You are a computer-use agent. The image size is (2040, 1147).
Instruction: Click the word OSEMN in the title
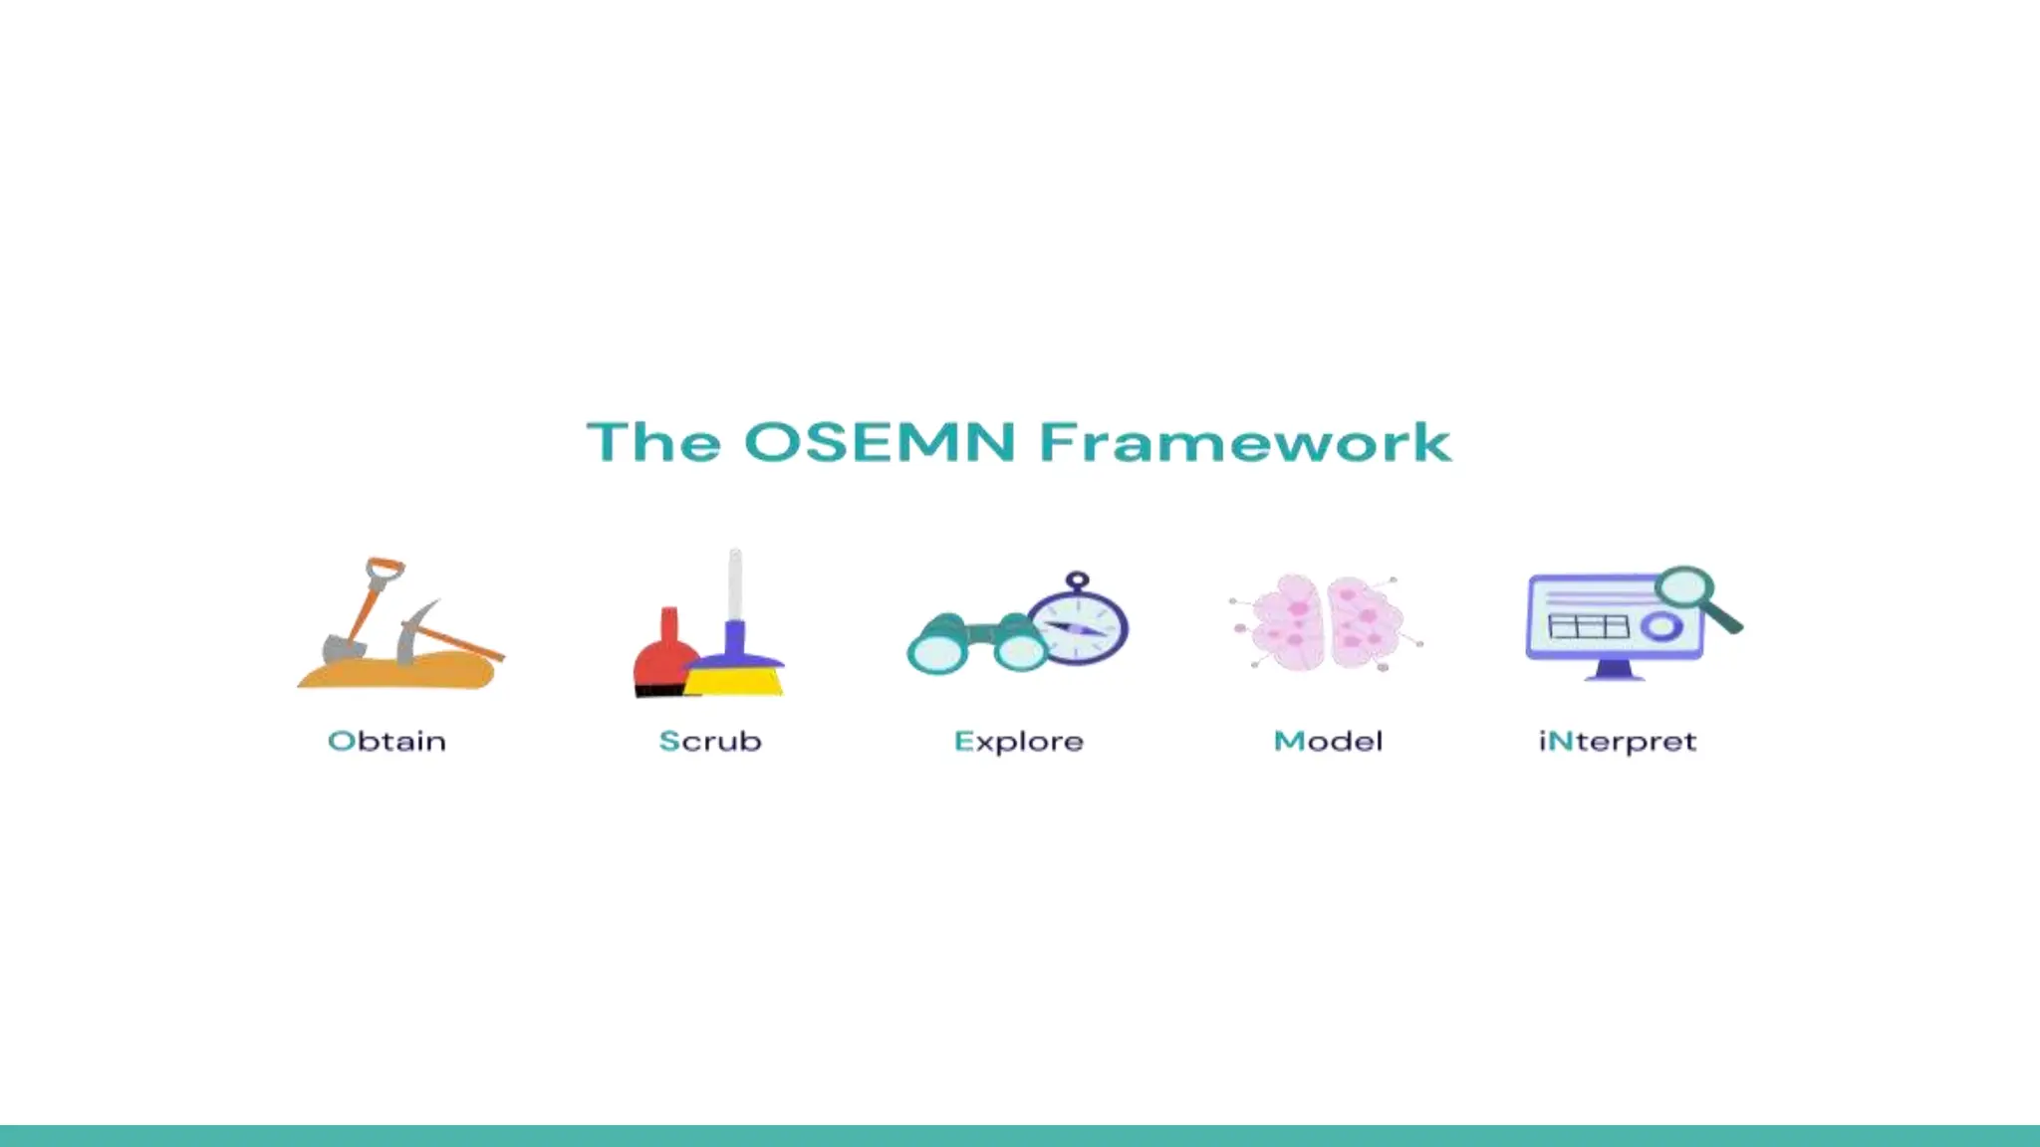click(880, 442)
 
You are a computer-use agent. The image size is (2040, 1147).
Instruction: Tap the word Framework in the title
click(1245, 442)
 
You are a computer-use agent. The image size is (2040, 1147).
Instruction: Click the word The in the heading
click(653, 442)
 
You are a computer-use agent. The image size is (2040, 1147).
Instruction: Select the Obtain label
click(386, 741)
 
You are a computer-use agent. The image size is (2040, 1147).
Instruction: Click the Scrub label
click(710, 741)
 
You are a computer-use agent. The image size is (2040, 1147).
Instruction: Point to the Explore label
click(1018, 742)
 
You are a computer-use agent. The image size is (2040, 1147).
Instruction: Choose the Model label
click(1328, 741)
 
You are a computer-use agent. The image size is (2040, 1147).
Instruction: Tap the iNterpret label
click(1617, 742)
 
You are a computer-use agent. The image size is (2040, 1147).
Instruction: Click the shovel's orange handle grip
click(384, 571)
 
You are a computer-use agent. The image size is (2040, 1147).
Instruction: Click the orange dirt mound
click(398, 674)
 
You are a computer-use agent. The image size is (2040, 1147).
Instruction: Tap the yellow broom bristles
click(735, 681)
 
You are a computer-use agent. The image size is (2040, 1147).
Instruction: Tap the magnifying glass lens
click(1684, 588)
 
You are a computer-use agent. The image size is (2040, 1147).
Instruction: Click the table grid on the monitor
click(1588, 626)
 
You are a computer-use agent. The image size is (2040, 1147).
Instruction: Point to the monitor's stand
click(1614, 671)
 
